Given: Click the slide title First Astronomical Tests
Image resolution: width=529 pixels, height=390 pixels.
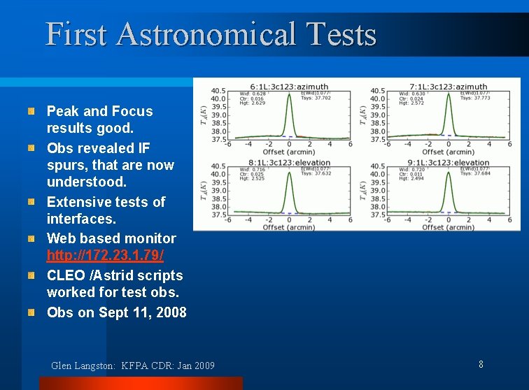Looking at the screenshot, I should click(211, 34).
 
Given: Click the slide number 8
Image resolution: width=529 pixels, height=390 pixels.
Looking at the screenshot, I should click(481, 364).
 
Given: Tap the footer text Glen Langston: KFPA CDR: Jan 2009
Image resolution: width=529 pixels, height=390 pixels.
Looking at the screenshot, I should click(133, 366).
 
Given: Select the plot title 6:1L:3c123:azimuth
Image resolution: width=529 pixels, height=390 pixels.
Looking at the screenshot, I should click(290, 87).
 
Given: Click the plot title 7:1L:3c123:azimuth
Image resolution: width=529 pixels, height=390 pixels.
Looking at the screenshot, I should click(449, 87).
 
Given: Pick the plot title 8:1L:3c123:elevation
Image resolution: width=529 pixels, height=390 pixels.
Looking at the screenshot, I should click(290, 162).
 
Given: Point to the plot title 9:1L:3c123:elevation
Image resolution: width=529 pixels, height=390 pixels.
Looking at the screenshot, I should click(449, 162).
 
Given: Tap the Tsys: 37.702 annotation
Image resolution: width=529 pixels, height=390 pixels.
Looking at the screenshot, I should click(316, 99).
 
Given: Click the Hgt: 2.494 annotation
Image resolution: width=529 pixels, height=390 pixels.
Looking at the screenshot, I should click(411, 179).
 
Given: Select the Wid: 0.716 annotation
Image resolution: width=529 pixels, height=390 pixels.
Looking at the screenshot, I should click(252, 169).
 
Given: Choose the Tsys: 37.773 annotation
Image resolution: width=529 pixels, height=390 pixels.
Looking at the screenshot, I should click(475, 99).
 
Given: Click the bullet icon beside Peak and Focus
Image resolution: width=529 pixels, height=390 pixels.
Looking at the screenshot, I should click(31, 111).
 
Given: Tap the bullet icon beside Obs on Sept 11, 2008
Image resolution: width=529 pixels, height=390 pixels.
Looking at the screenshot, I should click(31, 313).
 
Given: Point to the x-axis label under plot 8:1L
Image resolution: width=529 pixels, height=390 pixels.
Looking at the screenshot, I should click(289, 227).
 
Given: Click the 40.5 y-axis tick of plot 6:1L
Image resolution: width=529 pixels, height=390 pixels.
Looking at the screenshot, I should click(218, 91).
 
